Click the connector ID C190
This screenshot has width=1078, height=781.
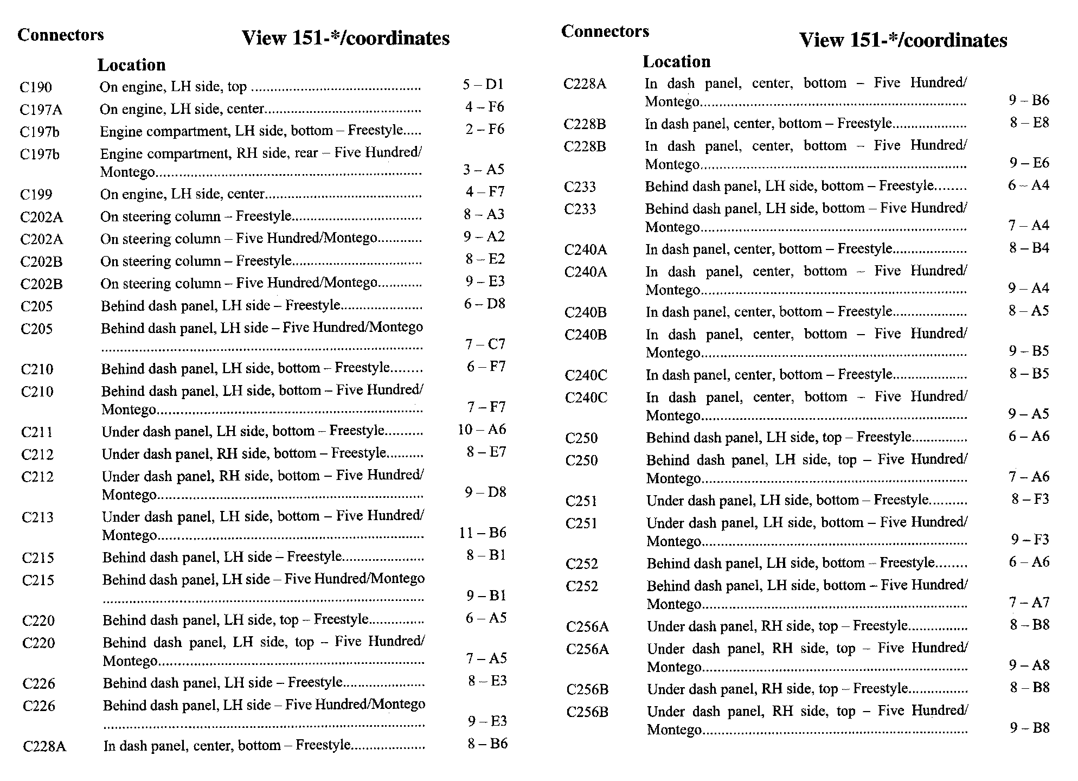click(36, 87)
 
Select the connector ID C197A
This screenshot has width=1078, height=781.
click(41, 110)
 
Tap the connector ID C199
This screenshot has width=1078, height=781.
click(36, 195)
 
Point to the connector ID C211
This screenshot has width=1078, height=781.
click(37, 432)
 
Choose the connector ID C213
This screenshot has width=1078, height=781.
click(37, 517)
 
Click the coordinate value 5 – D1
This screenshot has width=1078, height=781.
click(483, 85)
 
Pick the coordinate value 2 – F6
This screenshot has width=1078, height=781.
click(484, 129)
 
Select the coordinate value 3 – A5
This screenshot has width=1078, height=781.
click(484, 170)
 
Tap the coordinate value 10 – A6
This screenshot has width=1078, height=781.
click(482, 430)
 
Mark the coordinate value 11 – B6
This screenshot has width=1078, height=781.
click(482, 533)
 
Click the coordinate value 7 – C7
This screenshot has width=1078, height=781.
click(485, 344)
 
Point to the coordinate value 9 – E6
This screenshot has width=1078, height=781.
click(1029, 163)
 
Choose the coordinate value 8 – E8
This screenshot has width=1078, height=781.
click(1029, 123)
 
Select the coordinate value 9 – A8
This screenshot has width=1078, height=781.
click(1029, 665)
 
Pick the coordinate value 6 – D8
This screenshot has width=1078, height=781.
click(484, 304)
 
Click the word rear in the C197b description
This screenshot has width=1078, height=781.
click(306, 153)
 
